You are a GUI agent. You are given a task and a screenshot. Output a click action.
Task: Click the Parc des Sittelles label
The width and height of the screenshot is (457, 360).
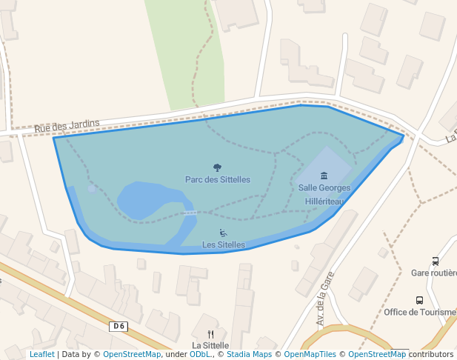217,179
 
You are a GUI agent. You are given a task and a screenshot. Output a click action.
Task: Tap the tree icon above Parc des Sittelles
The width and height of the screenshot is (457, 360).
217,168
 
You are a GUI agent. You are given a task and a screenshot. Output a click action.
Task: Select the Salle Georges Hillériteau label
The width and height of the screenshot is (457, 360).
324,194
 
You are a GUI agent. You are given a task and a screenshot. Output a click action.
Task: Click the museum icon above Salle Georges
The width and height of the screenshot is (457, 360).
324,176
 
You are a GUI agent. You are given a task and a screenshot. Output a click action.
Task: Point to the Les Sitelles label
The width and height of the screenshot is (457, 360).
223,244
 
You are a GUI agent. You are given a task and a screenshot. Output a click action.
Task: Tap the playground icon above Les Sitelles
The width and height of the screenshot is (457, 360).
224,233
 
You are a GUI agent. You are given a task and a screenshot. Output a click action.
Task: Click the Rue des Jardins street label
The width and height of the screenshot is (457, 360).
67,127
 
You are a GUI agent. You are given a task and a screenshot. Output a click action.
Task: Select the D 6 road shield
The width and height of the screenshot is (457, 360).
119,327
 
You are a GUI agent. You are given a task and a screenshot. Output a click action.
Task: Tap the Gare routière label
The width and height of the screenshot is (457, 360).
433,273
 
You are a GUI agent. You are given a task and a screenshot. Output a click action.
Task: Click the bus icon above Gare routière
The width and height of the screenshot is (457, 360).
435,261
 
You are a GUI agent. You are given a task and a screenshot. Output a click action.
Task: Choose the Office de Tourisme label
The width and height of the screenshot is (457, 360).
420,312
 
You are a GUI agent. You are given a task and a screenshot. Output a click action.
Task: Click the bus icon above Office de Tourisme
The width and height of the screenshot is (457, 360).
420,301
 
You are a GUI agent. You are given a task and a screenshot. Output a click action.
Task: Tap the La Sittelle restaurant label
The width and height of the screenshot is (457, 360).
210,345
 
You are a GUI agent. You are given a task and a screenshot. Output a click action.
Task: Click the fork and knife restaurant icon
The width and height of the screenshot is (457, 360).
210,334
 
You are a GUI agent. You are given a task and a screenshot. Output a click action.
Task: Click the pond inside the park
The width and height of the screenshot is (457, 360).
148,200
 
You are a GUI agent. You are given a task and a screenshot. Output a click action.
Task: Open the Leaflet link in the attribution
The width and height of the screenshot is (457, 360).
41,355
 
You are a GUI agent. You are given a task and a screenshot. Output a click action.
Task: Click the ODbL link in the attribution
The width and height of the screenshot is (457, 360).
200,355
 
